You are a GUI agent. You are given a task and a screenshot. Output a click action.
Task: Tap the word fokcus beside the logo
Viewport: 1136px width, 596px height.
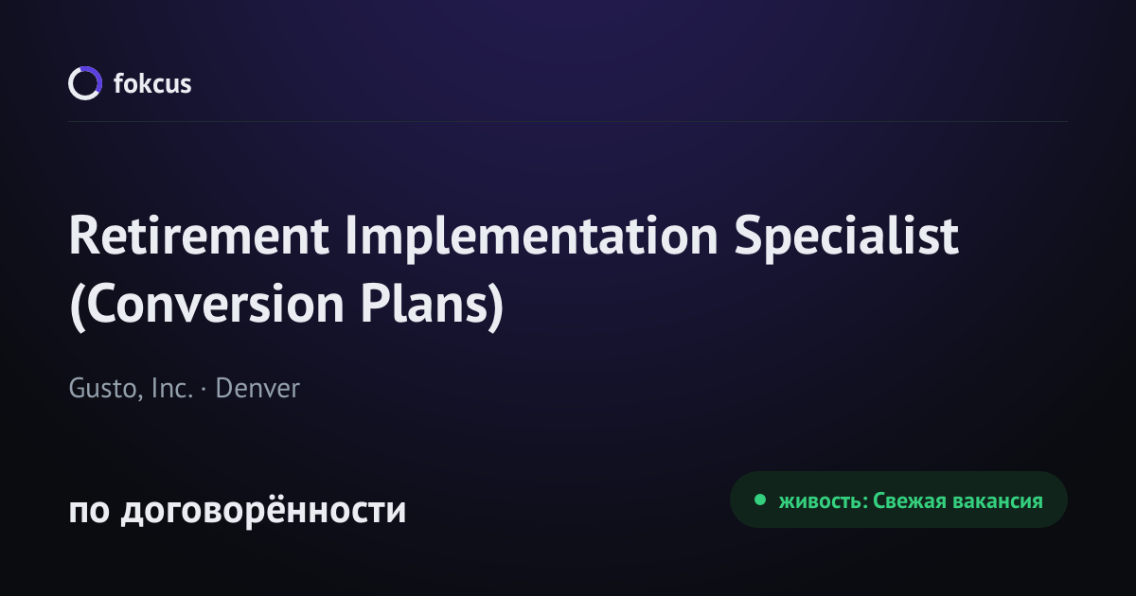coord(152,83)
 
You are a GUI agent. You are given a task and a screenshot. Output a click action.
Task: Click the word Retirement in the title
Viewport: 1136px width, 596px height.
coord(199,236)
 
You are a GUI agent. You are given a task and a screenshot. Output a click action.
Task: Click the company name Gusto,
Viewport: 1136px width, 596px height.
coord(105,389)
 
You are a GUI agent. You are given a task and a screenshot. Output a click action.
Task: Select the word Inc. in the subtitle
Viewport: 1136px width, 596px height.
coord(172,388)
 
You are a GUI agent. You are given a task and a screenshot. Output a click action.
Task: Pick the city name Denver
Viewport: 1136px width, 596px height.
coord(257,388)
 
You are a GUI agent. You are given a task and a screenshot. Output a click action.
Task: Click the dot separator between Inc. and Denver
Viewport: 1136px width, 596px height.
coord(204,389)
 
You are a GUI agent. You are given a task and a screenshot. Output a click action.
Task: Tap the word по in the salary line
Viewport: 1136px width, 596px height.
coord(89,511)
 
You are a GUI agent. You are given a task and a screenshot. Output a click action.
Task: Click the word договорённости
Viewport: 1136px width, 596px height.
coord(263,509)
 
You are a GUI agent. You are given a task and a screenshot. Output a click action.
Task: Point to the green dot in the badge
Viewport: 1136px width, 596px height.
coord(759,500)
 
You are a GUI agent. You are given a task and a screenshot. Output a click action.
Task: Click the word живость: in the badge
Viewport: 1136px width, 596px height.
coord(824,501)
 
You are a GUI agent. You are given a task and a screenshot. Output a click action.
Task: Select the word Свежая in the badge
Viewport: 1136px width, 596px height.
coord(910,501)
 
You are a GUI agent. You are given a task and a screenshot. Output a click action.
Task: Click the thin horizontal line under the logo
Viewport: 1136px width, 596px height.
coord(568,122)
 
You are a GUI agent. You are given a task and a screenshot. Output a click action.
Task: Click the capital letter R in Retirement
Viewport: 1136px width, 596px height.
coord(84,236)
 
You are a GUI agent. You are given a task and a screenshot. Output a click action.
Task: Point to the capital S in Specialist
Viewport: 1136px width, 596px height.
coord(749,236)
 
